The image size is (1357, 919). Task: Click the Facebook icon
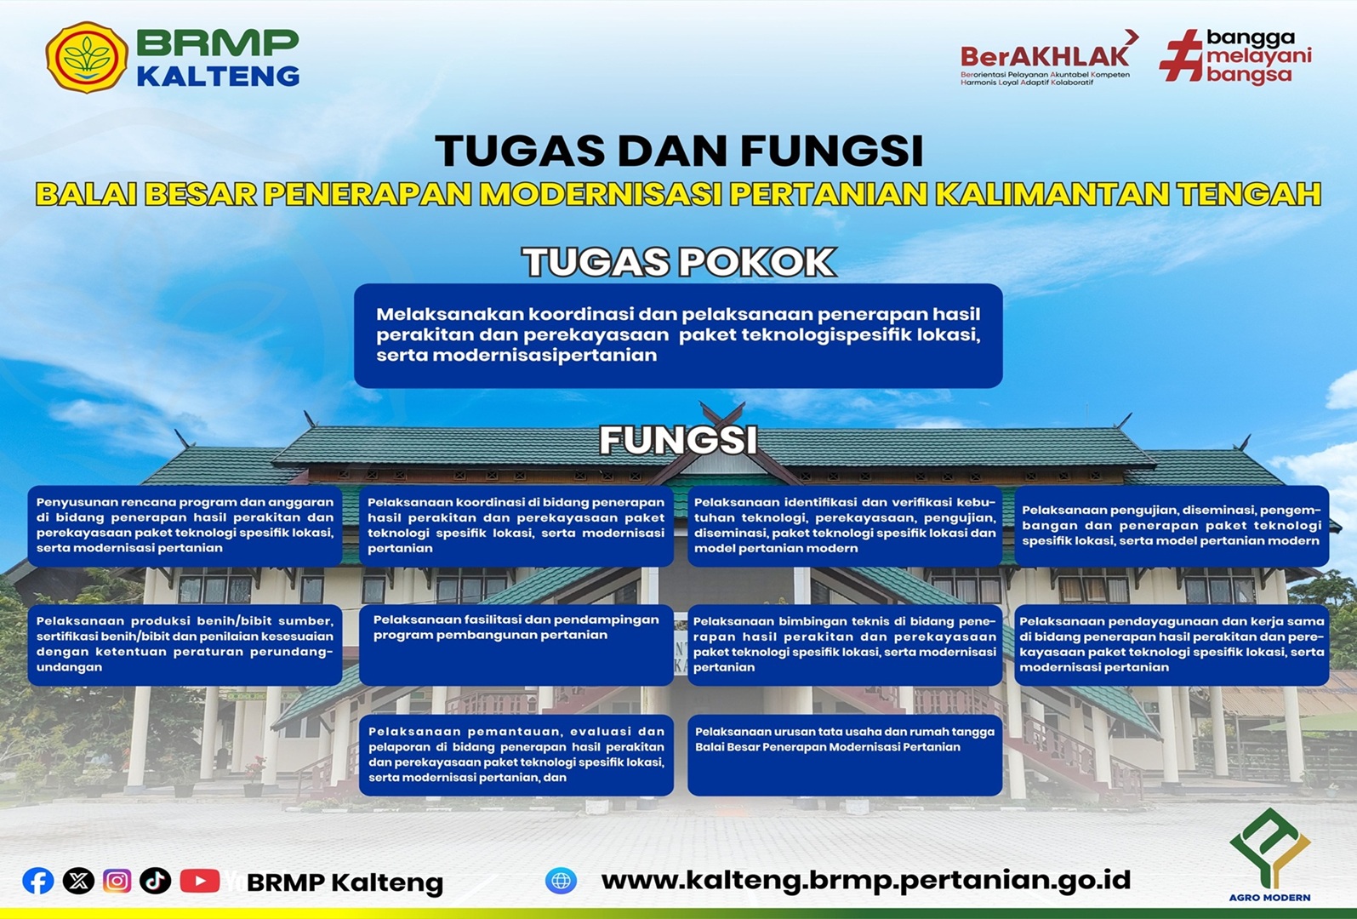pyautogui.click(x=38, y=881)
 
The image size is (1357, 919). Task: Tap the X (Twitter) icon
pyautogui.click(x=78, y=881)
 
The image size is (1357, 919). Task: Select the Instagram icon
pyautogui.click(x=117, y=881)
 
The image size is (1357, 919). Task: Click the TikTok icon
pyautogui.click(x=155, y=881)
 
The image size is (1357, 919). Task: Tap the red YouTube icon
pyautogui.click(x=200, y=881)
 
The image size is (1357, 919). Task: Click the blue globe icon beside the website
pyautogui.click(x=561, y=881)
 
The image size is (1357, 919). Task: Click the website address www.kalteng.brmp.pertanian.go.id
pyautogui.click(x=866, y=881)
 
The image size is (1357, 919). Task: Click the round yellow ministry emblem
pyautogui.click(x=87, y=57)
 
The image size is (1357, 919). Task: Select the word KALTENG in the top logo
pyautogui.click(x=218, y=77)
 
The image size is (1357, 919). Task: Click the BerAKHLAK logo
pyautogui.click(x=1046, y=58)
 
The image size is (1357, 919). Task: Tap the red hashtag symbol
pyautogui.click(x=1182, y=55)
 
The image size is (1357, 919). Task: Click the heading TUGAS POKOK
pyautogui.click(x=679, y=262)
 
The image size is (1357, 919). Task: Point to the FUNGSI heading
pyautogui.click(x=679, y=439)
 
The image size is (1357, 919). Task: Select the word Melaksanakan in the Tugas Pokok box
pyautogui.click(x=449, y=314)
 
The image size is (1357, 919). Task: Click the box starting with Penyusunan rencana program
pyautogui.click(x=185, y=525)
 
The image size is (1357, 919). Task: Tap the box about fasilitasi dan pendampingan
pyautogui.click(x=516, y=644)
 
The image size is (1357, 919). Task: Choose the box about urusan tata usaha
pyautogui.click(x=845, y=755)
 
